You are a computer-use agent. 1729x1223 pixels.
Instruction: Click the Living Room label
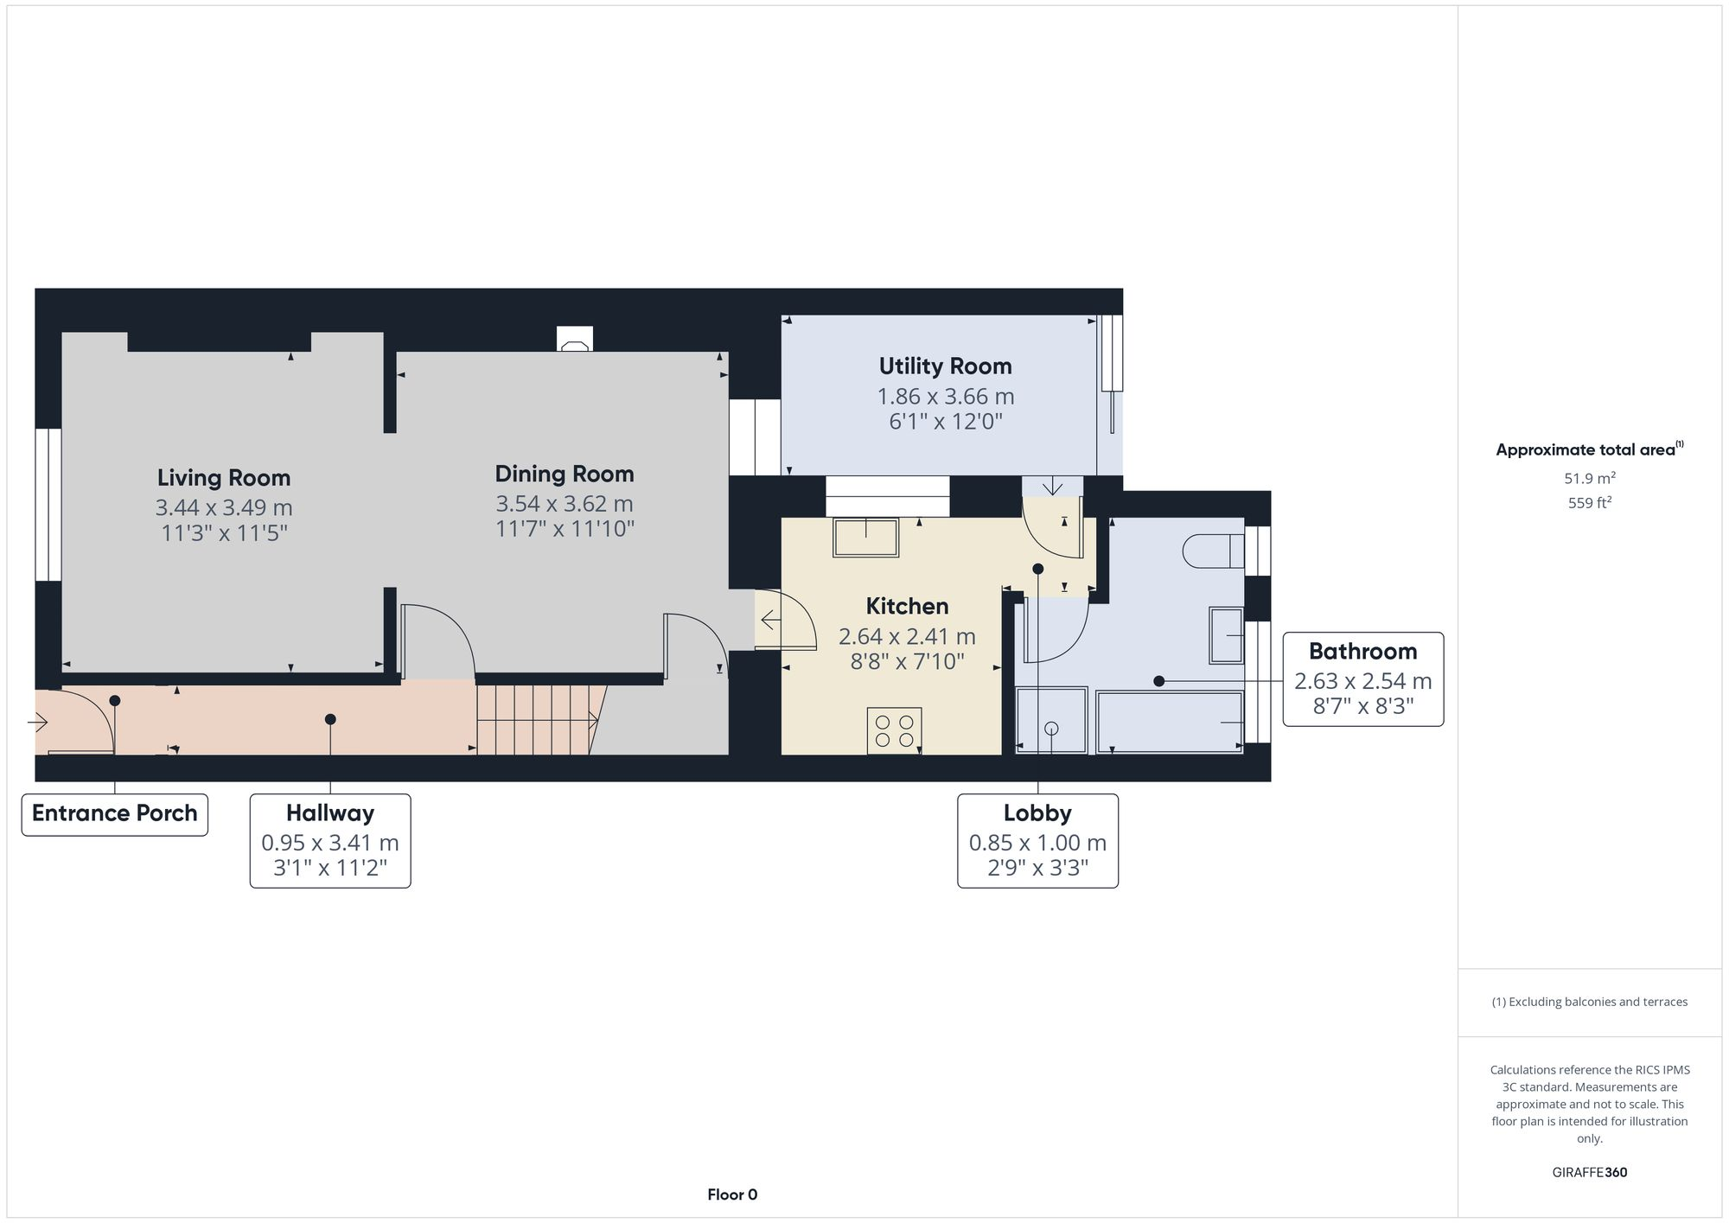coord(223,478)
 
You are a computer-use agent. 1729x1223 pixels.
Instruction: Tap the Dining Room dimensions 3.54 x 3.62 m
coord(564,504)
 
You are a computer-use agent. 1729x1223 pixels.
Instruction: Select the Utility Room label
coord(945,366)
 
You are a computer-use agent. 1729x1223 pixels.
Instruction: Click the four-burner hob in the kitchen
coord(894,730)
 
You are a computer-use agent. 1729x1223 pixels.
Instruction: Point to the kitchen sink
coord(865,538)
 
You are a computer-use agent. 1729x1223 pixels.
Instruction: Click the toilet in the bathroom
coord(1210,551)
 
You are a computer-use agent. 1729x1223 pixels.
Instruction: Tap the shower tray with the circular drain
coord(1051,720)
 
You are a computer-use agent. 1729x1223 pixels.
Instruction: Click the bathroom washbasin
coord(1226,635)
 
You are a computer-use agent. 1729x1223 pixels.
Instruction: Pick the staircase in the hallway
coord(536,719)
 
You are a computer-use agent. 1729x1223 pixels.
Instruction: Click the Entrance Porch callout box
coord(115,814)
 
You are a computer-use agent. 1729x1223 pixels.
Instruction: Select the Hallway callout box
coord(330,840)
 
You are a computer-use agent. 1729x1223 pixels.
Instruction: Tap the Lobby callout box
coord(1037,840)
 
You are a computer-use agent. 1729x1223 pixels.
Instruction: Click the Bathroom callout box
coord(1362,679)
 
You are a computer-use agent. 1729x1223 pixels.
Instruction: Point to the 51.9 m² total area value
coord(1589,478)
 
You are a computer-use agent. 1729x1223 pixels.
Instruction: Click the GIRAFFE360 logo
coord(1589,1173)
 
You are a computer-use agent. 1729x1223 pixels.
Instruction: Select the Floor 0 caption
coord(732,1195)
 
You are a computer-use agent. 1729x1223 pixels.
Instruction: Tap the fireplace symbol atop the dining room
coord(574,340)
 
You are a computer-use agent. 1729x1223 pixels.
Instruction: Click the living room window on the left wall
coord(48,504)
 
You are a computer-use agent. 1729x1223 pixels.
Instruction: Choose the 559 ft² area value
coord(1589,503)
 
